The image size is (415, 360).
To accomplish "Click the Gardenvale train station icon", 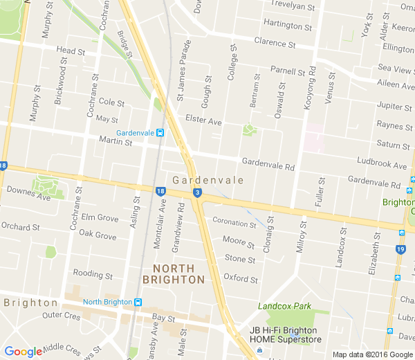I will [x=160, y=133].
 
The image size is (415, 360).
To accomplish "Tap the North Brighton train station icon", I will [x=138, y=302].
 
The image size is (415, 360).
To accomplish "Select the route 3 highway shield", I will [x=198, y=193].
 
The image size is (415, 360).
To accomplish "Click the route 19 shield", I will [x=400, y=249].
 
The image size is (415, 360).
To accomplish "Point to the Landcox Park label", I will [x=284, y=306].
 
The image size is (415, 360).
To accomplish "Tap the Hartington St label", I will [x=289, y=24].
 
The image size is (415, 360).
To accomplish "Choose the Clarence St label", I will [x=275, y=43].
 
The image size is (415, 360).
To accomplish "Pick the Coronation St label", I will [x=234, y=222].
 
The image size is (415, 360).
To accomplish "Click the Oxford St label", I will [x=241, y=280].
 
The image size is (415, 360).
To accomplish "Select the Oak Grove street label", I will [x=98, y=235].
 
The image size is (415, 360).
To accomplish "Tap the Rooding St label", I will [x=93, y=275].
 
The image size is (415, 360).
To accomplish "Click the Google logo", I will [x=23, y=352].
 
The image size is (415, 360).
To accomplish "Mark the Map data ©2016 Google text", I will [x=372, y=354].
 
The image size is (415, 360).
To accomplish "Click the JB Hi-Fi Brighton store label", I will [x=286, y=334].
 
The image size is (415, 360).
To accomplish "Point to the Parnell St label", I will [x=288, y=71].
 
